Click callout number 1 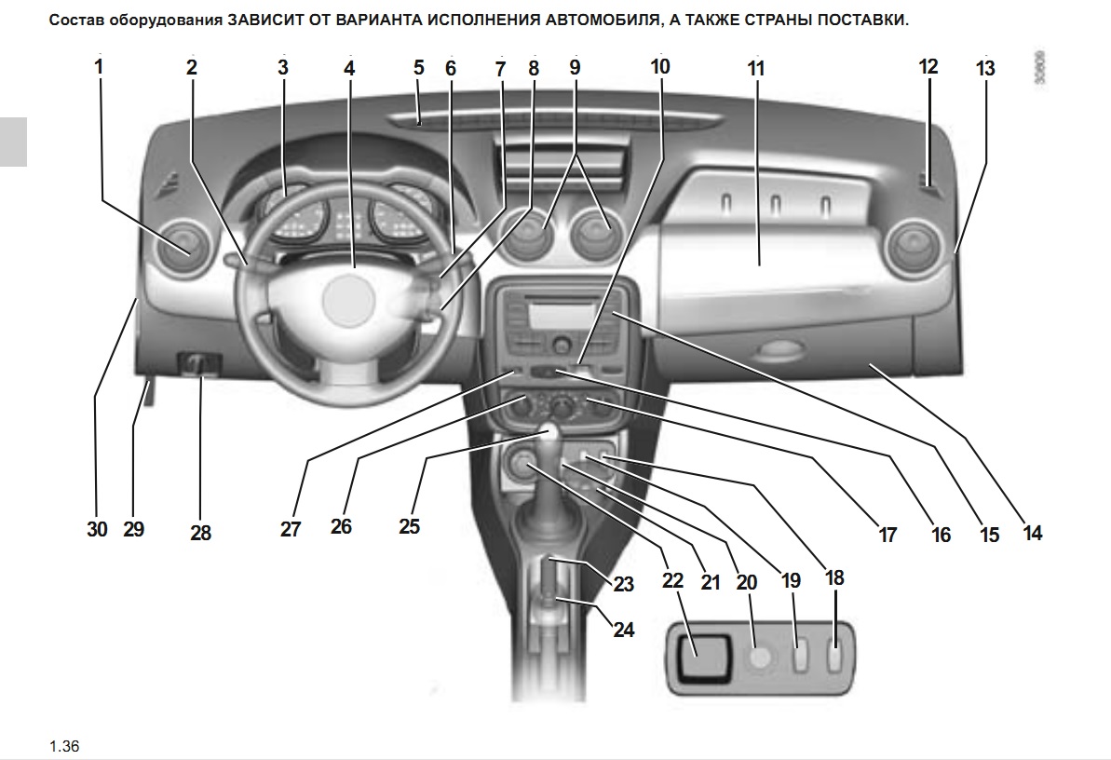point(99,67)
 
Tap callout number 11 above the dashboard point(755,69)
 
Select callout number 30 point(97,529)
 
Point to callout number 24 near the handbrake point(623,630)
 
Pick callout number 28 point(200,533)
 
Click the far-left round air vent point(187,248)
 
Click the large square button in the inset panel point(702,659)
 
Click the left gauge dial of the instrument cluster point(296,217)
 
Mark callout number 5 point(418,68)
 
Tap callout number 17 point(887,534)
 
